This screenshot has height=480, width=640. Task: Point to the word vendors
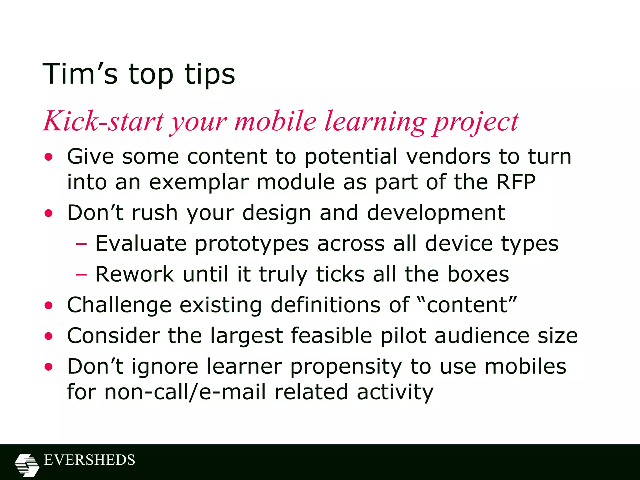point(448,156)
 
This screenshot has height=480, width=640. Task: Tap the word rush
point(155,213)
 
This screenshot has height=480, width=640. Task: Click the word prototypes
point(252,244)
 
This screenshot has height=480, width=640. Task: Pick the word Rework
point(134,274)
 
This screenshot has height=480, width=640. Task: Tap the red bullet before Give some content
point(48,157)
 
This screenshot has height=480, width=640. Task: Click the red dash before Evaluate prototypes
point(81,244)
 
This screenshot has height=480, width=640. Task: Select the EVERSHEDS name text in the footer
point(89,460)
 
